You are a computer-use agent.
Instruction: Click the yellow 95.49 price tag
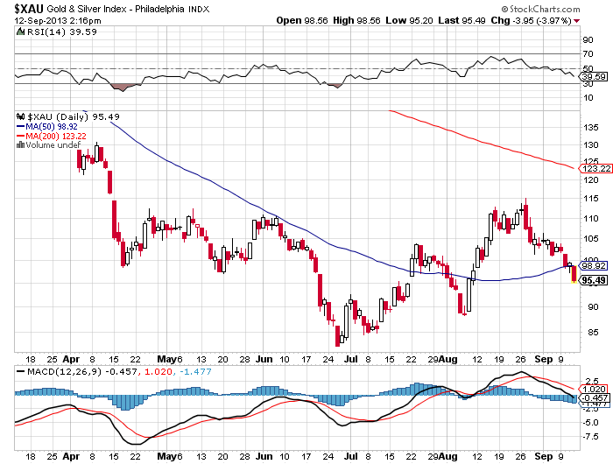(x=594, y=280)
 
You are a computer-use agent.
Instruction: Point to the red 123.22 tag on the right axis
(x=594, y=167)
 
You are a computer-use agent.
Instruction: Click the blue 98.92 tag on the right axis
(x=594, y=266)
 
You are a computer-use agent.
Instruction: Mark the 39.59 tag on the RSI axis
(x=594, y=77)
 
